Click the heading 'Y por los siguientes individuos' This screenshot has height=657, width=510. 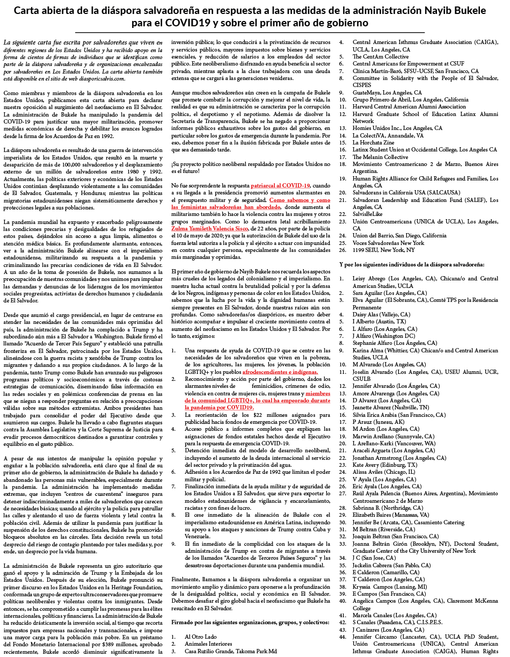tap(412, 264)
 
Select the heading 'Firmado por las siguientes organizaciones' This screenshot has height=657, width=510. tap(250, 622)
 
